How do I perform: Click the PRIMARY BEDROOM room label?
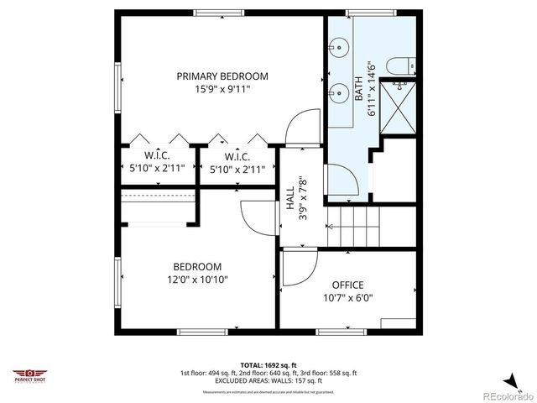[222, 76]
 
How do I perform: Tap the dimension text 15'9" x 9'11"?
[222, 88]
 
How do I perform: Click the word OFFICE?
[347, 285]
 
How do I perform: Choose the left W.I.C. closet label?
[159, 155]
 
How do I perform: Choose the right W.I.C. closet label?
[237, 156]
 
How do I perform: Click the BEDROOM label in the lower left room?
[198, 266]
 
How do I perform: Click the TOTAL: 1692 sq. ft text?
[268, 364]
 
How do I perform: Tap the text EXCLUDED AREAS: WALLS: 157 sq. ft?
[268, 379]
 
